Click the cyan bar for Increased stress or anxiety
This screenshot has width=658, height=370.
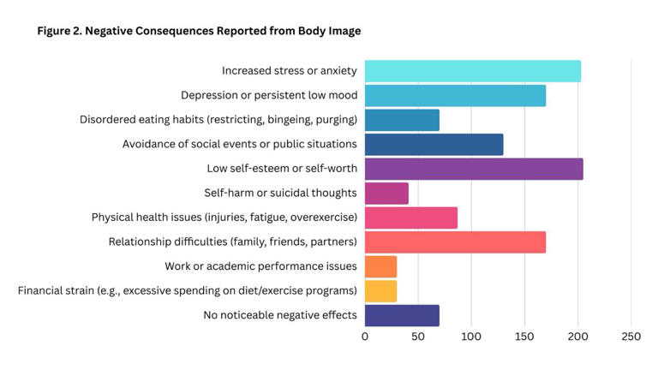[x=472, y=71]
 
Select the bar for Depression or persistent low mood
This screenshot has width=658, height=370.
[x=455, y=95]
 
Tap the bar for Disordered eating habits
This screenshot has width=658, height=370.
[x=402, y=120]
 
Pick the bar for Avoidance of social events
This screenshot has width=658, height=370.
[x=434, y=144]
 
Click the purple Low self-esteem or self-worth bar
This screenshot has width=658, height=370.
[x=474, y=169]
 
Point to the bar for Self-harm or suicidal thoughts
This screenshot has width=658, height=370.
[x=386, y=193]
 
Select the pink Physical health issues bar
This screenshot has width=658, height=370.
[x=410, y=218]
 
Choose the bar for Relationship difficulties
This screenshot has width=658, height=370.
[x=455, y=242]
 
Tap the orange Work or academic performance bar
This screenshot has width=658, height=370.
[x=380, y=266]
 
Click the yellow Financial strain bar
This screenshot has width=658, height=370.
[x=380, y=290]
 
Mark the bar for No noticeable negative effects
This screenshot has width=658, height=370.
[x=402, y=315]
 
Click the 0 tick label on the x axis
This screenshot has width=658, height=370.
[x=365, y=337]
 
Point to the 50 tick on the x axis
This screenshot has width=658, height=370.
[x=418, y=337]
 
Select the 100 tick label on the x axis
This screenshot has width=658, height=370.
[x=471, y=337]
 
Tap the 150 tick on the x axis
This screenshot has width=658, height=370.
[x=524, y=337]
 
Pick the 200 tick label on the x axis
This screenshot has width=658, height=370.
[x=578, y=337]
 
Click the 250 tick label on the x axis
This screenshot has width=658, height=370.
[x=631, y=337]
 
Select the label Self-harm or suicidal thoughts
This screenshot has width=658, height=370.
[x=280, y=193]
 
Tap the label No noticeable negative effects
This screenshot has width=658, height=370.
[x=279, y=315]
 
